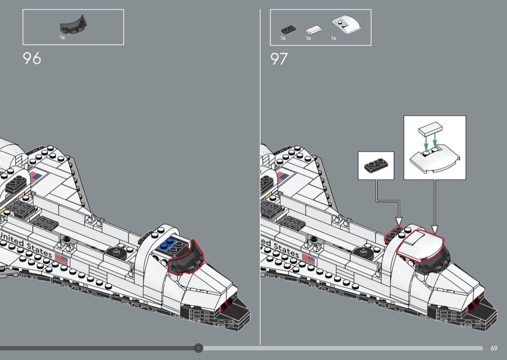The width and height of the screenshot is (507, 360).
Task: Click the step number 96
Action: pos(32,58)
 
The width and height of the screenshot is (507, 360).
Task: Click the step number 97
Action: pos(279,59)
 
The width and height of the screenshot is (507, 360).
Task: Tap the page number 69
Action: pos(494,348)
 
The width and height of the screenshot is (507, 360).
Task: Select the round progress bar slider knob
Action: pos(198,348)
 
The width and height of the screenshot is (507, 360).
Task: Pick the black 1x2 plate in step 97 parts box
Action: pos(289,29)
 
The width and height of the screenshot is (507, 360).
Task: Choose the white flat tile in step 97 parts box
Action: pos(314,30)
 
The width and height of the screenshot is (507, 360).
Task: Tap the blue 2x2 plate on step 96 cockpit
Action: pos(167,245)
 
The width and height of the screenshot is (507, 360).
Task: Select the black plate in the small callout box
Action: pos(376,166)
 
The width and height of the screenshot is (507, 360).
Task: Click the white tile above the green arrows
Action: pos(430,128)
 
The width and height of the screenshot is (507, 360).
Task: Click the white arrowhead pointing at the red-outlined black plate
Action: pos(399,221)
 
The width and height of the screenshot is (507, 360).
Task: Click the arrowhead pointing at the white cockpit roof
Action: pos(435,229)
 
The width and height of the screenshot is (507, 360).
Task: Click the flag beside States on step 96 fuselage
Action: pos(62,259)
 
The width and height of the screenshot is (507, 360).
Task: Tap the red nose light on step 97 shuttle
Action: pos(474,304)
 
